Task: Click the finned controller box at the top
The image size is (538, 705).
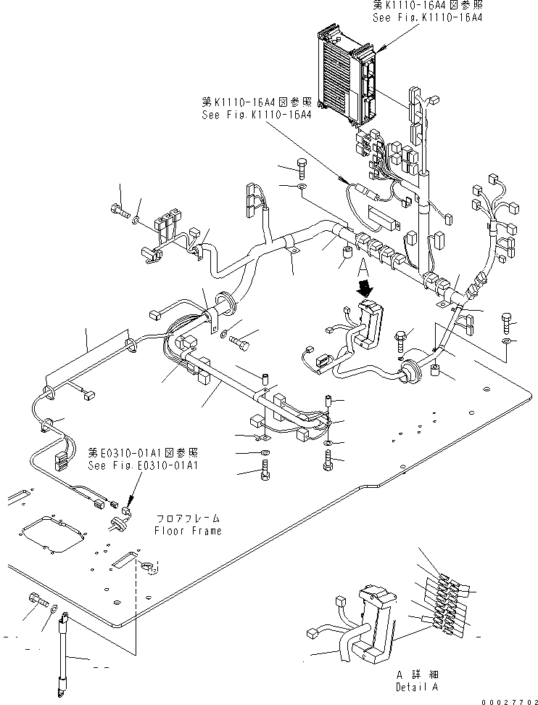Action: click(x=347, y=73)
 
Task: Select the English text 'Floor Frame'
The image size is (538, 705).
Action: click(x=187, y=531)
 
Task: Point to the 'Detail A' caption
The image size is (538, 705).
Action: click(x=418, y=686)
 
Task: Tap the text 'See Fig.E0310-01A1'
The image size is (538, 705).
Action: click(x=143, y=465)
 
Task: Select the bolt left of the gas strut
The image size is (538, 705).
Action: click(x=37, y=599)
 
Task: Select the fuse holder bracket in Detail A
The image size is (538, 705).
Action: click(x=376, y=624)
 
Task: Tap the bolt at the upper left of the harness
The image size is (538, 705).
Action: click(x=117, y=211)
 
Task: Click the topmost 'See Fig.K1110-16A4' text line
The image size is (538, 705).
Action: click(x=427, y=17)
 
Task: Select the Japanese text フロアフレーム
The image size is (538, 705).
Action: click(x=188, y=519)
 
